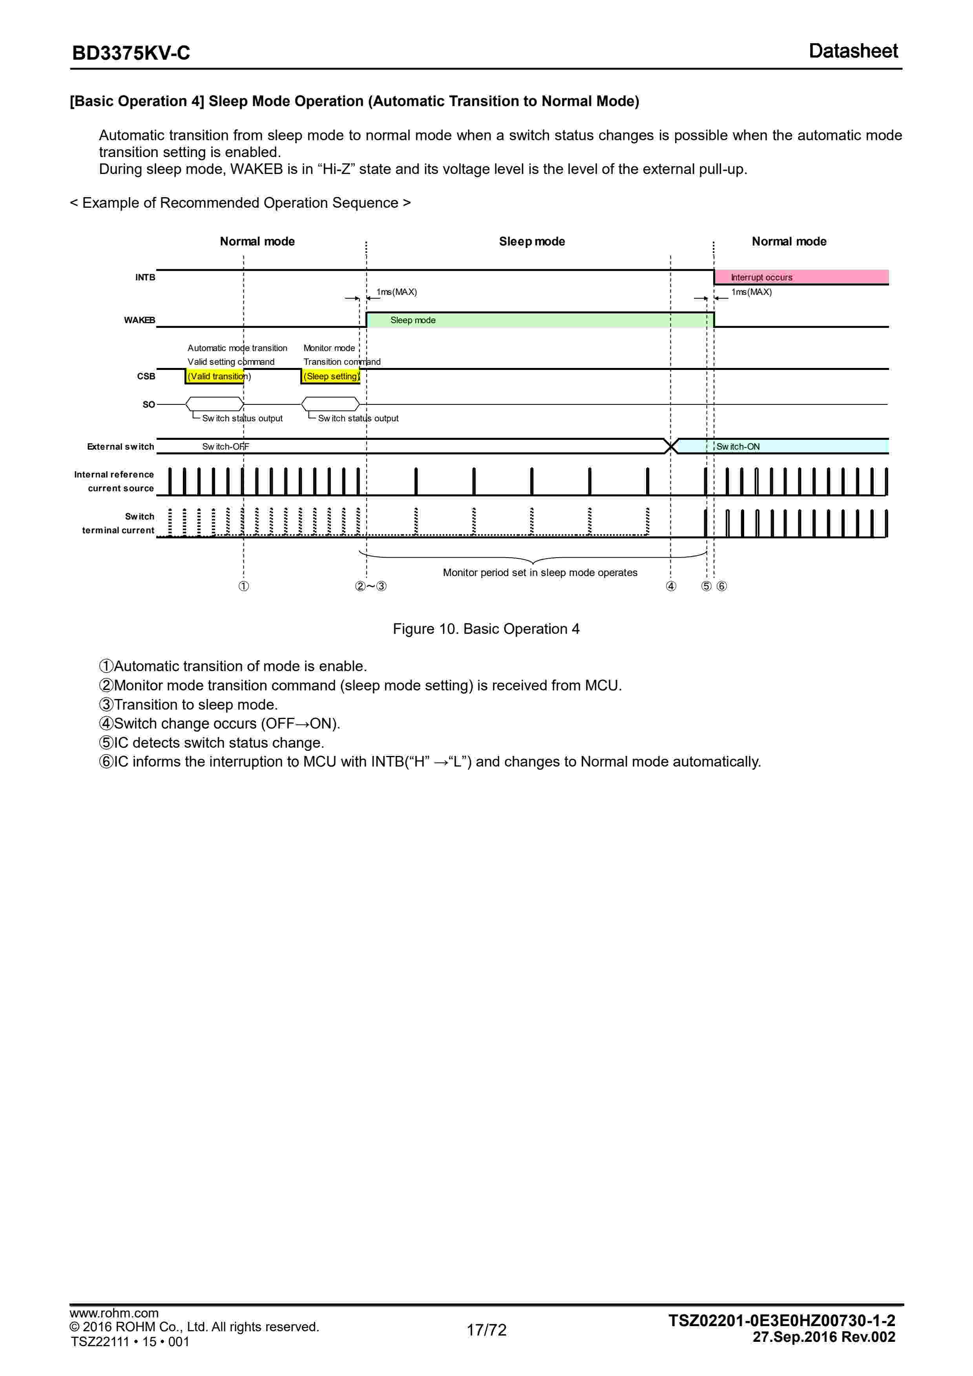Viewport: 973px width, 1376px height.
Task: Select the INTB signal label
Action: click(x=145, y=278)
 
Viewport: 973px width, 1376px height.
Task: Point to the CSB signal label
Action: click(x=146, y=376)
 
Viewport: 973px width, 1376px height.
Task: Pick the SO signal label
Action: click(x=149, y=404)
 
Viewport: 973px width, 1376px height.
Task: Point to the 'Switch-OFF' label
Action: click(x=225, y=446)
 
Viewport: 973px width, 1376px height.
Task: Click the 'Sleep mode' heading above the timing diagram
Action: click(x=531, y=242)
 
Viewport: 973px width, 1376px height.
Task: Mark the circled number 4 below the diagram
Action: click(x=671, y=586)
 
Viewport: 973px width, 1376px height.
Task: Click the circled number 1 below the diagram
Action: click(x=244, y=586)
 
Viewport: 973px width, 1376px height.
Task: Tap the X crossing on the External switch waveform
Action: click(x=671, y=446)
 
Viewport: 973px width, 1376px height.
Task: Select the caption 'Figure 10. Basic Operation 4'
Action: click(x=486, y=629)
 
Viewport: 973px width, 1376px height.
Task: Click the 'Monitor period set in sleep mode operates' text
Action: click(x=540, y=572)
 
